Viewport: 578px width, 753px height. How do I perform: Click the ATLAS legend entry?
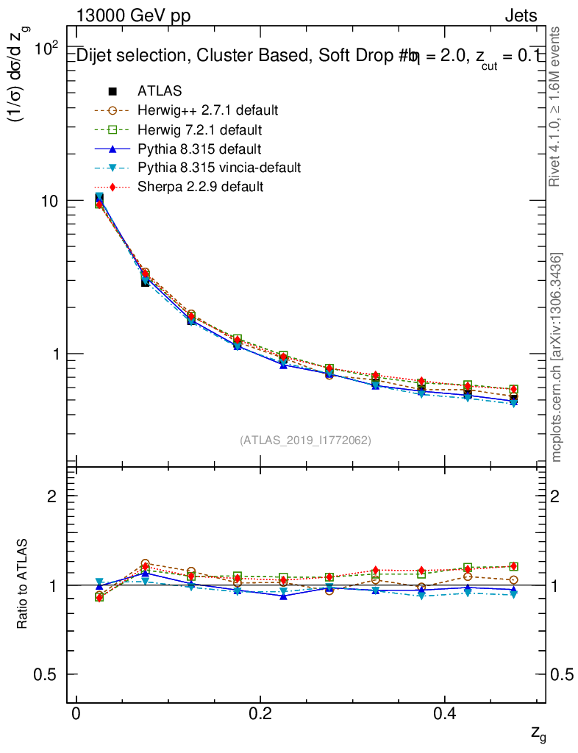point(160,91)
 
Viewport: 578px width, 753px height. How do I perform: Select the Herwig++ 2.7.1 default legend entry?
point(207,110)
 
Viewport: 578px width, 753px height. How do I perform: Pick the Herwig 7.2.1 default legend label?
point(199,129)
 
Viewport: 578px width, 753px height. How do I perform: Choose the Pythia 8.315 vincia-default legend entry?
point(219,168)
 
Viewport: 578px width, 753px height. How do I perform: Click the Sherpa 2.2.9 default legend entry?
point(200,187)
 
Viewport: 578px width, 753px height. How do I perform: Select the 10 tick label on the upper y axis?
point(53,201)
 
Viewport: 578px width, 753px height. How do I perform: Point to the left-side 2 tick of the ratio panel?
point(52,496)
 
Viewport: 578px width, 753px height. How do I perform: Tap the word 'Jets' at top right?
point(520,16)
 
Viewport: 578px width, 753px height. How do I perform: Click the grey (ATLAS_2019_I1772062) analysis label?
point(305,440)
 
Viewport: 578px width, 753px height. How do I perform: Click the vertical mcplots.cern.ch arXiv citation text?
point(557,357)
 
